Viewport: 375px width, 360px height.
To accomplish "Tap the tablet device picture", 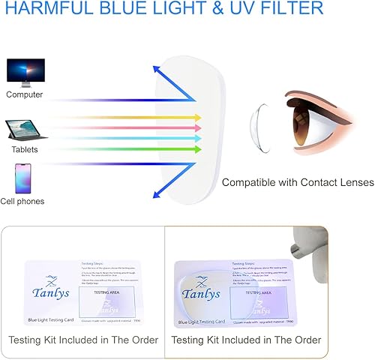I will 26,132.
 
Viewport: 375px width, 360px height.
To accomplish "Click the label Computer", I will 25,94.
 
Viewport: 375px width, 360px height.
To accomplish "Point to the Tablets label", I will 24,149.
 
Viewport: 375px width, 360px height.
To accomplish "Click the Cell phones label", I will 25,201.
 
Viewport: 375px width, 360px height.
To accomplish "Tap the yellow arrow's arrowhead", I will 198,117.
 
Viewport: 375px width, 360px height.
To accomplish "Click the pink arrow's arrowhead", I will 198,127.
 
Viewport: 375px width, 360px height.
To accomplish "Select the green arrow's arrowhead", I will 198,149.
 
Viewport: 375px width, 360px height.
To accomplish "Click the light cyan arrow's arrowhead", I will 198,138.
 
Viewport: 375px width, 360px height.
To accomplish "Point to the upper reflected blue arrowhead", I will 157,70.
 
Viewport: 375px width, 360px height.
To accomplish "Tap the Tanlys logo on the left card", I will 51,292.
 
